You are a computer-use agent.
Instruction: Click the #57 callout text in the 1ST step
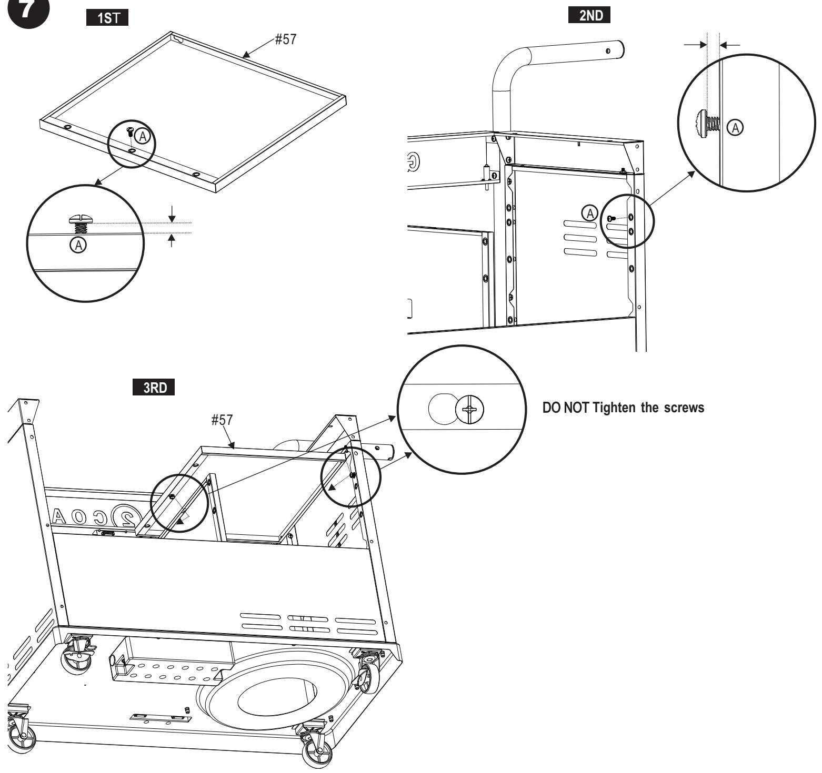[x=284, y=40]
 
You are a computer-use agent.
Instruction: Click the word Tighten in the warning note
[x=610, y=409]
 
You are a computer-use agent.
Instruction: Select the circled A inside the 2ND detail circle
[x=735, y=126]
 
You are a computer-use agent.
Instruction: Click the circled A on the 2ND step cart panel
[x=589, y=213]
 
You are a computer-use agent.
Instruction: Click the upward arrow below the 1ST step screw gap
[x=171, y=240]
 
